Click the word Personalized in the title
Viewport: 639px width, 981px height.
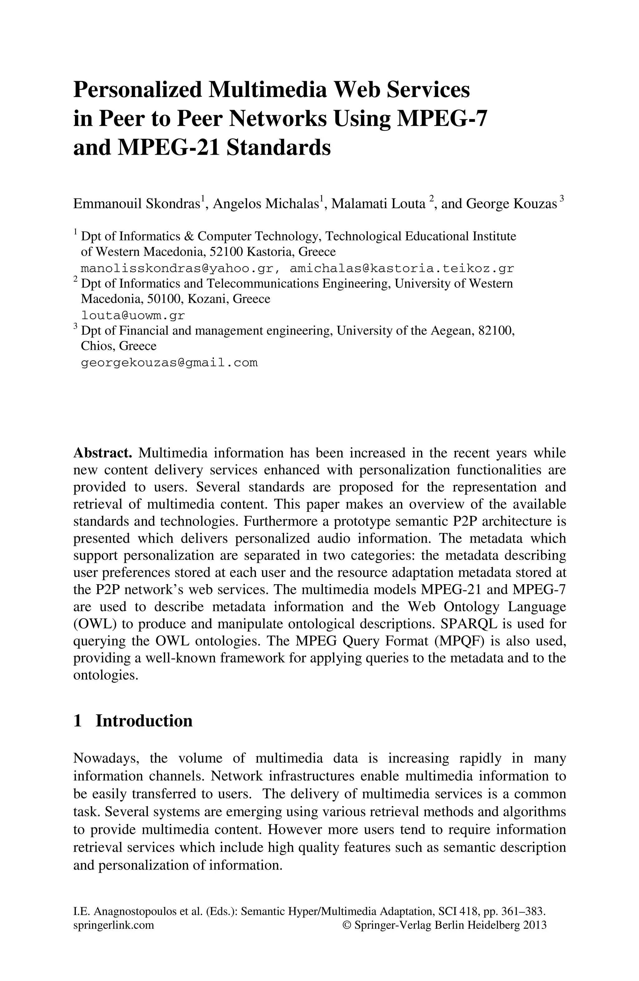(138, 90)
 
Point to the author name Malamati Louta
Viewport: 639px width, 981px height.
(378, 204)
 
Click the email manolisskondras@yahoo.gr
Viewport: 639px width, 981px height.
(178, 269)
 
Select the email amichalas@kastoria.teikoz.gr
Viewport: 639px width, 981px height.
(402, 269)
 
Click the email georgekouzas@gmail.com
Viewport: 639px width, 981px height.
(169, 363)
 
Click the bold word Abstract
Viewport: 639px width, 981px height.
(102, 453)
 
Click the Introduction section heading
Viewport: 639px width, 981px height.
(144, 721)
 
